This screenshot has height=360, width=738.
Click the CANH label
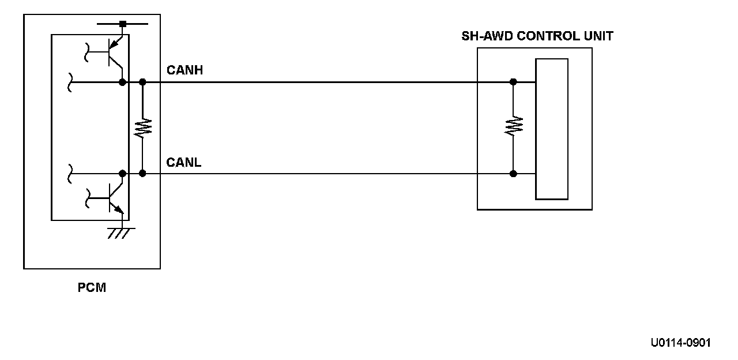click(184, 70)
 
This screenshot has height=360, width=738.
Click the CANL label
click(184, 162)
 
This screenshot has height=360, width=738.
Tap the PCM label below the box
click(92, 287)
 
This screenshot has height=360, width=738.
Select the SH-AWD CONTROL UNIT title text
click(537, 36)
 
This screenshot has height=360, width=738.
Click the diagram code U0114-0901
click(680, 343)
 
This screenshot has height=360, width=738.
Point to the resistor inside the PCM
click(142, 127)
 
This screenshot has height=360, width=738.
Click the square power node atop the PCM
click(122, 24)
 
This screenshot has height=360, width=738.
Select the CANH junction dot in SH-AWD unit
click(513, 82)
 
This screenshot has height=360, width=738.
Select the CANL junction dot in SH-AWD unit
click(513, 173)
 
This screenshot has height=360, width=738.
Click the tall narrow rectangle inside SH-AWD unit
click(552, 129)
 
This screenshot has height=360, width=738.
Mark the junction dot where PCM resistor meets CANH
click(142, 82)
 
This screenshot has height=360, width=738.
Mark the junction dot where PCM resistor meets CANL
click(142, 173)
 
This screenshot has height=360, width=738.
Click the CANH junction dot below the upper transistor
click(122, 82)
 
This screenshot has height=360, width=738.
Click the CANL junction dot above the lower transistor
click(122, 173)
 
